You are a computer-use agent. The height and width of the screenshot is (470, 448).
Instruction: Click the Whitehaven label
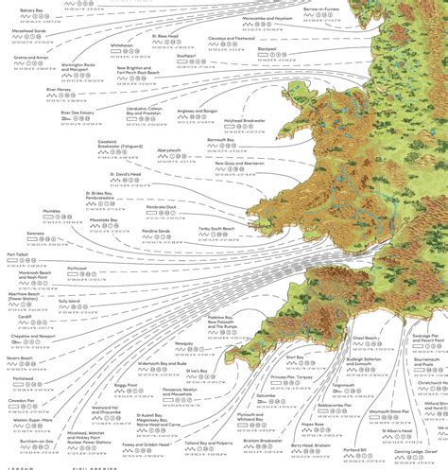(122, 44)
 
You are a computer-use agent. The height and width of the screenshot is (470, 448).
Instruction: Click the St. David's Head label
(126, 174)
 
